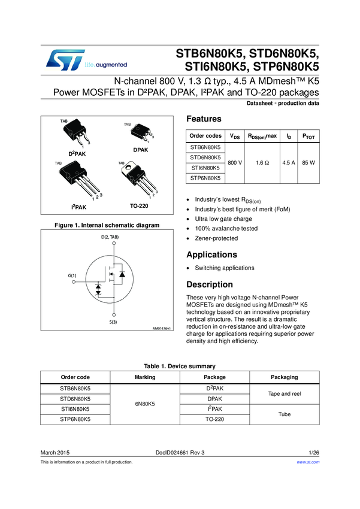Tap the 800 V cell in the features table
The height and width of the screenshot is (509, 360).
(x=236, y=162)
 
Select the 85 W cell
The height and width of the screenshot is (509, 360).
(x=309, y=162)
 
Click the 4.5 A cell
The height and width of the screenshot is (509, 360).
(x=289, y=162)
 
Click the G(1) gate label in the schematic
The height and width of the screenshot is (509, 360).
(x=72, y=275)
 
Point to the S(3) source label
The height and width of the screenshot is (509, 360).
(x=113, y=323)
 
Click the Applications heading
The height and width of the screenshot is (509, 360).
(x=211, y=255)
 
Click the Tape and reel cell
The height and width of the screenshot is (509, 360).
(x=284, y=393)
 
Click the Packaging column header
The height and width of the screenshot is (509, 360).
(x=284, y=377)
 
